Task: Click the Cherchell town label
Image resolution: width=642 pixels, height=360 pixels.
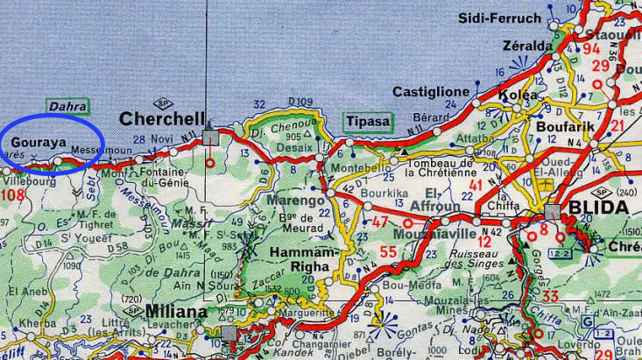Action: [162, 118]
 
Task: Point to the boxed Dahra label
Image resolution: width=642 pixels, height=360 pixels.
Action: [68, 105]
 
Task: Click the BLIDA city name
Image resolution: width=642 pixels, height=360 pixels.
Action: [598, 208]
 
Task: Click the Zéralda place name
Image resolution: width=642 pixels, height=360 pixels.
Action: [527, 46]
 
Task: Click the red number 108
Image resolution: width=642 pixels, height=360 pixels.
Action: [13, 194]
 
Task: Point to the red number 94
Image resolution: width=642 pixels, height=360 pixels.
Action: [592, 48]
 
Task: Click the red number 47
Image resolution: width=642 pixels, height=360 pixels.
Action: [381, 222]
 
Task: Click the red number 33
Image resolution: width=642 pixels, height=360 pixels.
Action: [550, 296]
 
